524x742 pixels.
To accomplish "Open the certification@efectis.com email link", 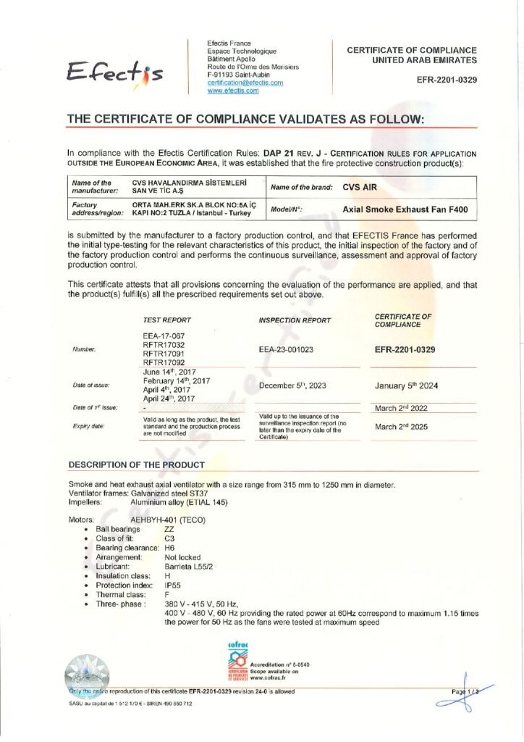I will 245,83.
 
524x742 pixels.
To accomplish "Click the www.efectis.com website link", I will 233,91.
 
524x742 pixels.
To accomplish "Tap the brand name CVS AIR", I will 360,186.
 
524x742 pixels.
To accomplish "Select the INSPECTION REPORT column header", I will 295,320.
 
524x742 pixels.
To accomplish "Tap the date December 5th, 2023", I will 295,385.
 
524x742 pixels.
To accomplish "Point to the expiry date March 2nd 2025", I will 401,427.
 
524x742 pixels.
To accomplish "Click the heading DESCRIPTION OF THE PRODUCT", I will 136,464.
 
